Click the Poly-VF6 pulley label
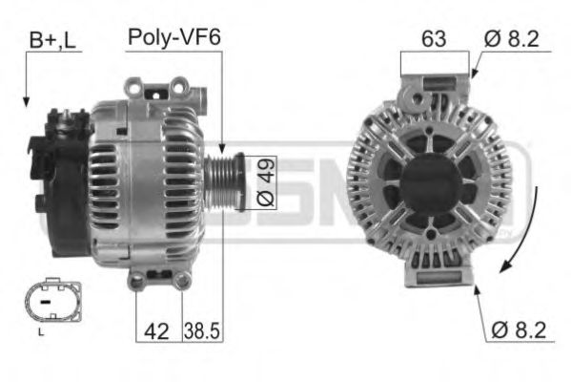173,38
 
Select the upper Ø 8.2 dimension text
515,39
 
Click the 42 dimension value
156,330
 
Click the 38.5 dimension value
202,330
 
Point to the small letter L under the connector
40,332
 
